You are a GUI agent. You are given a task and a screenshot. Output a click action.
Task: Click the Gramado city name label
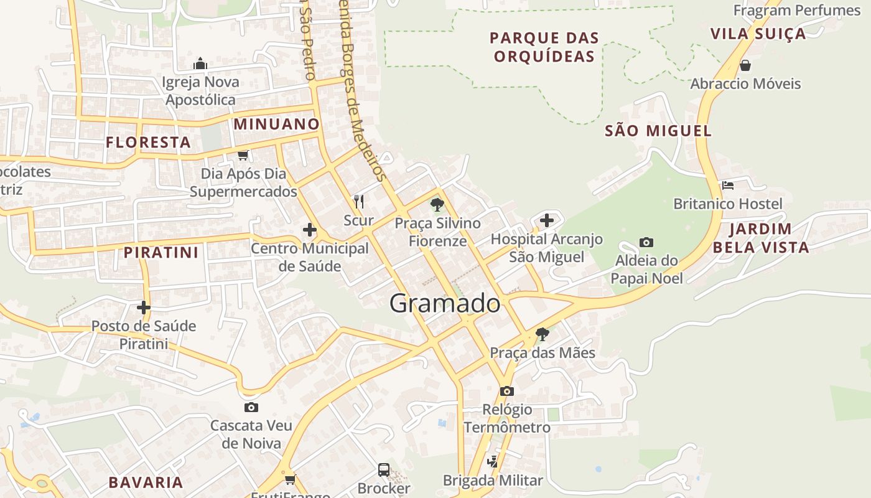click(x=445, y=303)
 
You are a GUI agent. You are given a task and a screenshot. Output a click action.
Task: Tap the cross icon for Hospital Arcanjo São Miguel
click(x=546, y=220)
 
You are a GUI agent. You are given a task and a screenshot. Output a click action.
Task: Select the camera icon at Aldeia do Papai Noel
click(x=646, y=242)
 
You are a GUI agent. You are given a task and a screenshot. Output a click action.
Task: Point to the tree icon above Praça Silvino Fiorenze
click(x=437, y=204)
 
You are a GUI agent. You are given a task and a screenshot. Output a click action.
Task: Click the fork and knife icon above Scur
click(x=358, y=201)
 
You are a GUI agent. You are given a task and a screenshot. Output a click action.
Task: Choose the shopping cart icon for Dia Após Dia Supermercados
click(x=243, y=155)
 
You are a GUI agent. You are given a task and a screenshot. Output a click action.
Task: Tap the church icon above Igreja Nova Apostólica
click(x=200, y=63)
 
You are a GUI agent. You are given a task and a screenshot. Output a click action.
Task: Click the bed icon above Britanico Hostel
click(x=728, y=186)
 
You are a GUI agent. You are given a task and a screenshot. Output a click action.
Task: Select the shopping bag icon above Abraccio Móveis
click(x=745, y=65)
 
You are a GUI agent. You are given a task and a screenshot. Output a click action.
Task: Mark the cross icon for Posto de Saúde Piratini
click(x=144, y=308)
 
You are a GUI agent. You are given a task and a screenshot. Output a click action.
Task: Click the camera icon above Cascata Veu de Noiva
click(x=251, y=408)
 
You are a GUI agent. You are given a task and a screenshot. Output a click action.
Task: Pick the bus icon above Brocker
click(x=384, y=470)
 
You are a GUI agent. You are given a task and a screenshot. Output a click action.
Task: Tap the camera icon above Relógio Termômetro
click(x=507, y=392)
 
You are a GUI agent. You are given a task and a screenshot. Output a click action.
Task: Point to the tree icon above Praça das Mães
click(x=543, y=334)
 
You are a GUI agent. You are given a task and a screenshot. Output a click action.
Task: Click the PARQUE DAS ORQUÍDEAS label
click(x=544, y=47)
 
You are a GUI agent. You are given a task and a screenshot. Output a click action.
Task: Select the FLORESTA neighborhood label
click(x=148, y=143)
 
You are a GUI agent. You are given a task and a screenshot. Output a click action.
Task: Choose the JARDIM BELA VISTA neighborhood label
click(x=761, y=238)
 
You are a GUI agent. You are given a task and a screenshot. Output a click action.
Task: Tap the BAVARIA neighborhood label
click(x=146, y=482)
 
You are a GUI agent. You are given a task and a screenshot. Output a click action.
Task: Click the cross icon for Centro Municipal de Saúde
click(x=310, y=230)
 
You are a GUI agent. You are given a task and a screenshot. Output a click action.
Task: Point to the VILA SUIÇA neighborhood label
click(x=758, y=34)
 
